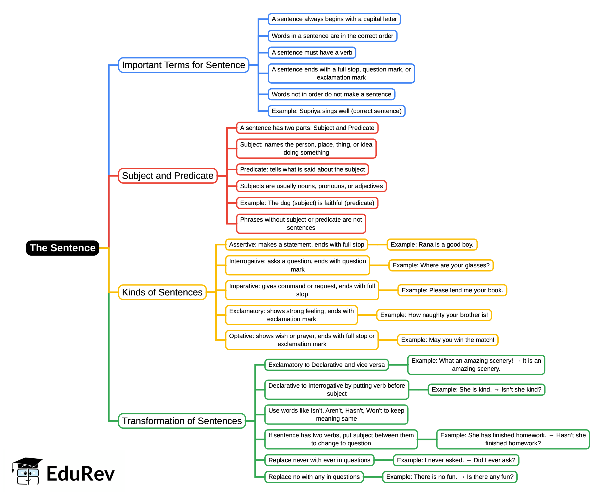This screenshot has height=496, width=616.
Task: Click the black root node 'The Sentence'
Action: tap(62, 248)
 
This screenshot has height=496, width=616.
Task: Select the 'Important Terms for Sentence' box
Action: tap(183, 65)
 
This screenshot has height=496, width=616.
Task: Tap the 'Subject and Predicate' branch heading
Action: tap(168, 176)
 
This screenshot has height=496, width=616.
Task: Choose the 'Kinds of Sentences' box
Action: tap(162, 292)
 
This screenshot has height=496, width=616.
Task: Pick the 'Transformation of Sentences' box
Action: tap(182, 421)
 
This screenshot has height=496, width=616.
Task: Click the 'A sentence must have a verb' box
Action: tap(312, 52)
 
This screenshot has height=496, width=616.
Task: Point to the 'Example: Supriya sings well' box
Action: tap(336, 111)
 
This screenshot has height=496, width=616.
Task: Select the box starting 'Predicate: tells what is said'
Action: tap(302, 169)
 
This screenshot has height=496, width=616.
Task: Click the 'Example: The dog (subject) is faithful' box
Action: tap(307, 203)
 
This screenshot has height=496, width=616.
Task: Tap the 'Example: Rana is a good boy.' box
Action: tap(432, 244)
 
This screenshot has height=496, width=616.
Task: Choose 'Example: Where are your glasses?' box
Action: tap(441, 266)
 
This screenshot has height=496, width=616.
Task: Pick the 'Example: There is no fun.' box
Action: tap(450, 477)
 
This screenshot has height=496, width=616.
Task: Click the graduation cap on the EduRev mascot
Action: tap(28, 462)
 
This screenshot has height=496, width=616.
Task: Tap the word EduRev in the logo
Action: tap(80, 474)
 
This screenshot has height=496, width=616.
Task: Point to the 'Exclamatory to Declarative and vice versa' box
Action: tap(326, 365)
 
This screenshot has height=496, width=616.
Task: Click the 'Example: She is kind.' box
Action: tap(486, 390)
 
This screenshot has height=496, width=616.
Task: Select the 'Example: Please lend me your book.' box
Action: tap(452, 290)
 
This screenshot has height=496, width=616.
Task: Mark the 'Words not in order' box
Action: tap(331, 94)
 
